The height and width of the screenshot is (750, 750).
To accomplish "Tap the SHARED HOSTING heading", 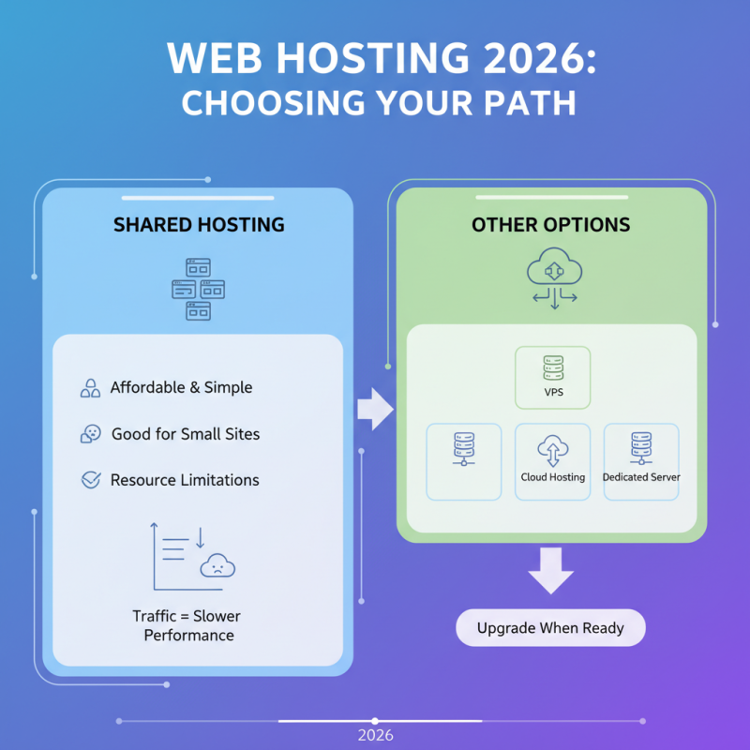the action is [199, 225].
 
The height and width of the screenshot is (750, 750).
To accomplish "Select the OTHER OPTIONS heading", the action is [551, 225].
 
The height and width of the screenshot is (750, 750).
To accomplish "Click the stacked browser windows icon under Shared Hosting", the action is [198, 289].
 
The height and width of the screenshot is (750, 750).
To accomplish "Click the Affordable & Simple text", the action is [181, 387].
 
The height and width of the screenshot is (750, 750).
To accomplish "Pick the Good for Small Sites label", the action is [186, 434].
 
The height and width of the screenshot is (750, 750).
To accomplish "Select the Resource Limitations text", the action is [185, 480].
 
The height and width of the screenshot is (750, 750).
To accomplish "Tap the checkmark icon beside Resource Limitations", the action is [91, 480].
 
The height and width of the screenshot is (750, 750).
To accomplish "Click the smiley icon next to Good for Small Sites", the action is [91, 434].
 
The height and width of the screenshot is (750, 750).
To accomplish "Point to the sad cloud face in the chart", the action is [217, 565].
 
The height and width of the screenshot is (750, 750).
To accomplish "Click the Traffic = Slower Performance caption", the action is [187, 625].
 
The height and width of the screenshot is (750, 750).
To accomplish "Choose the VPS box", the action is [553, 377].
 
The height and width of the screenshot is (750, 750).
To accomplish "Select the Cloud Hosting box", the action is [553, 461].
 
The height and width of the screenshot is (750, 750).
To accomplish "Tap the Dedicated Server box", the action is [641, 461].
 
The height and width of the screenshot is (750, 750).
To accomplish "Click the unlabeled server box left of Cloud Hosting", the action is [463, 461].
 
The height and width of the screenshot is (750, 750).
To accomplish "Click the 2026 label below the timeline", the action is [375, 736].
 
